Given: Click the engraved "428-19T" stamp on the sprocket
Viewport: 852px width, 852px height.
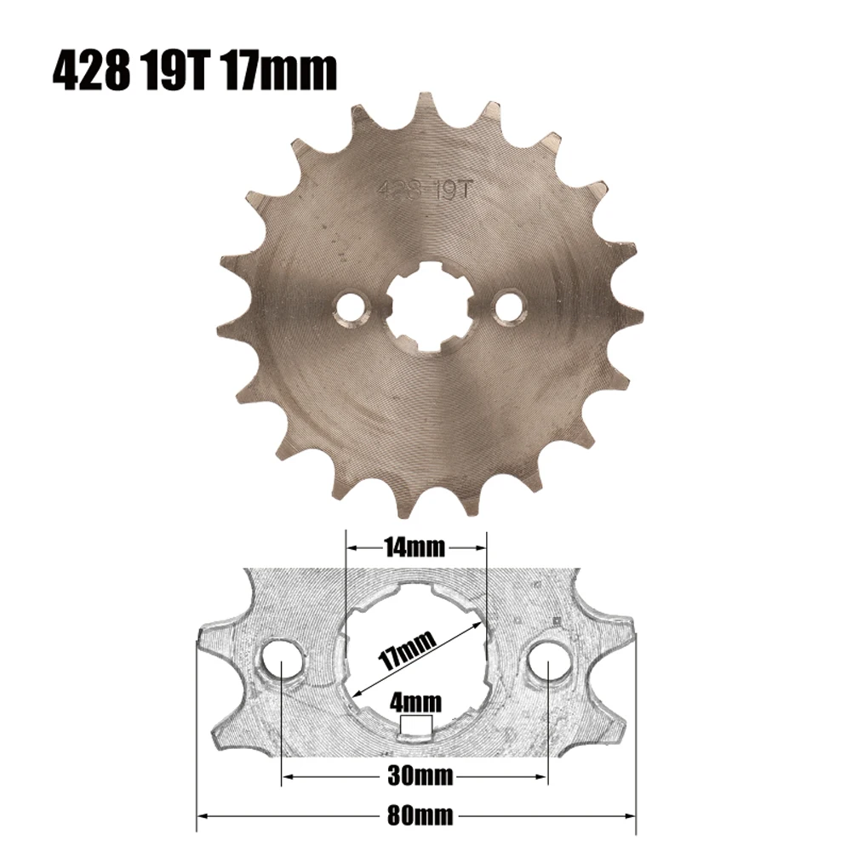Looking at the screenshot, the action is pyautogui.click(x=426, y=191).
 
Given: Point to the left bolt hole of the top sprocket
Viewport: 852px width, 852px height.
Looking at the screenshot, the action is pyautogui.click(x=351, y=309).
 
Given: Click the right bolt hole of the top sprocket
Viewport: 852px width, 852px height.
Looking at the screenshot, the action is pyautogui.click(x=510, y=307).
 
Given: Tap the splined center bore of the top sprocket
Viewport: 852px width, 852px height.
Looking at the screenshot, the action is pyautogui.click(x=431, y=307).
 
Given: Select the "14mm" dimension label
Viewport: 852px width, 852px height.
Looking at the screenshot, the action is pyautogui.click(x=415, y=547).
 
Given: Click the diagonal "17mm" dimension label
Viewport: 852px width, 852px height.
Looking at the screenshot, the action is pyautogui.click(x=407, y=650).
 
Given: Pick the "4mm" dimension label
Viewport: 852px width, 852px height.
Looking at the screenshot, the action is pyautogui.click(x=415, y=702).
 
